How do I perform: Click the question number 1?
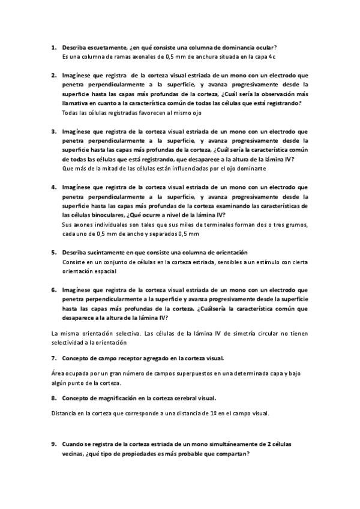53,47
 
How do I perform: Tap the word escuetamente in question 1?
106,47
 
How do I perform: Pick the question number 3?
53,131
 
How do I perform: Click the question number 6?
53,289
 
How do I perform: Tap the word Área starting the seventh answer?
55,373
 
